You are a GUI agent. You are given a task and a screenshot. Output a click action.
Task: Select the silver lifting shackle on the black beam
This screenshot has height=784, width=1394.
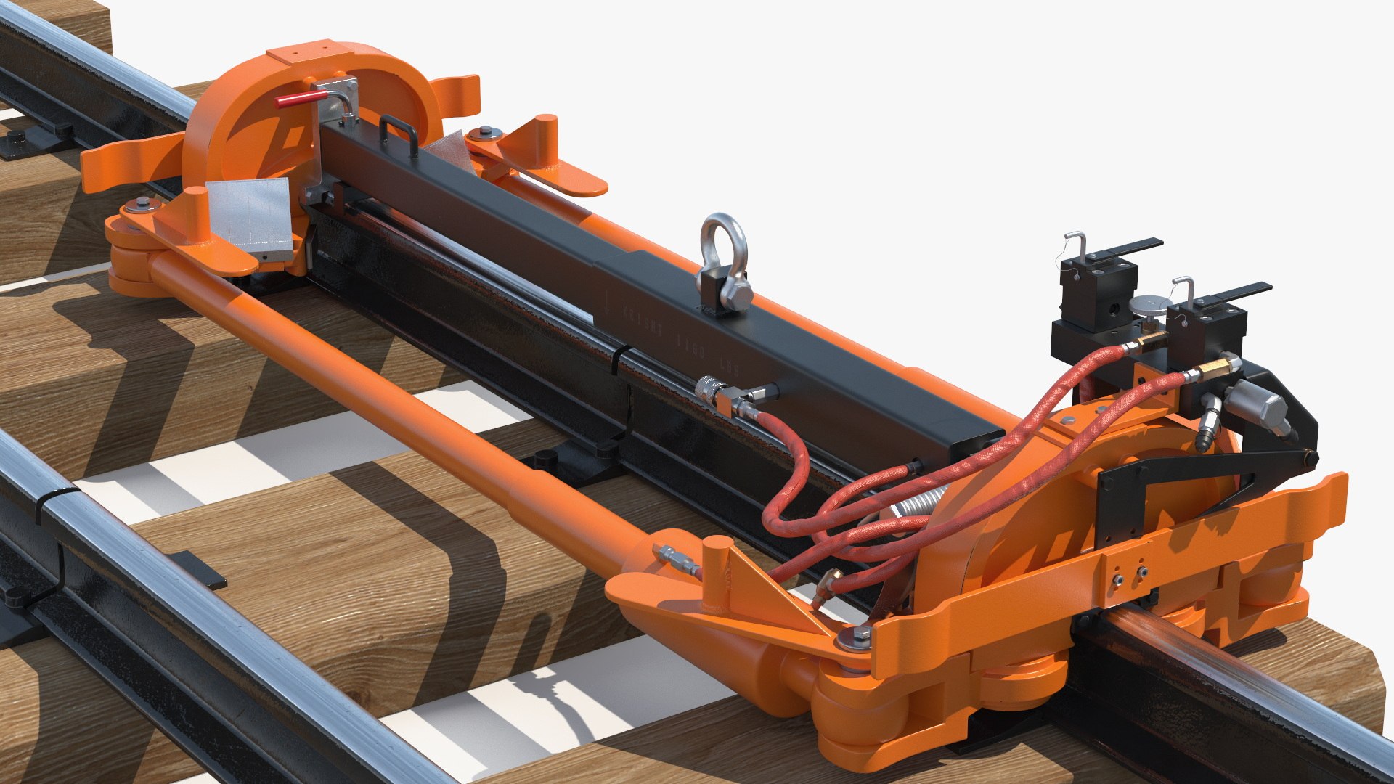click(723, 262)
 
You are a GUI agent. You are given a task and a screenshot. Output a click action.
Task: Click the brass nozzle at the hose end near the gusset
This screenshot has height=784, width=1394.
click(825, 587)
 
